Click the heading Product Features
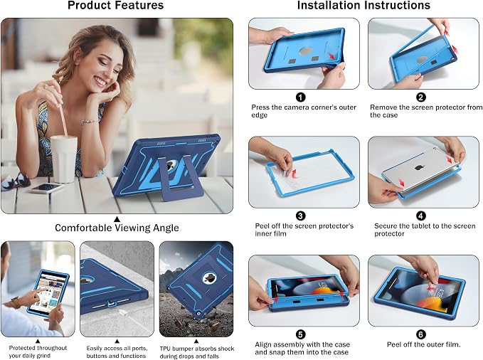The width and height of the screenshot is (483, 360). tap(115, 6)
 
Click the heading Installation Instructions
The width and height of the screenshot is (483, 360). tap(363, 6)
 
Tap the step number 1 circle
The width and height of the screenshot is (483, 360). tap(301, 97)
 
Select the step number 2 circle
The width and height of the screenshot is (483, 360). tap(421, 97)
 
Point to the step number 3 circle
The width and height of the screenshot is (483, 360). tap(301, 216)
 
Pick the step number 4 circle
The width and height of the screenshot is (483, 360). tap(421, 216)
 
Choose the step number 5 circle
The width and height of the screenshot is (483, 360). tap(301, 334)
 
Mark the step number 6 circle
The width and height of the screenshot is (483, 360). tap(421, 334)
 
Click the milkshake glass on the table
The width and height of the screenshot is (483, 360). tap(64, 159)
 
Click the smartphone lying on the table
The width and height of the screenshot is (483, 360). tap(46, 188)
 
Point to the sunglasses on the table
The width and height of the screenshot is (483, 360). tap(15, 181)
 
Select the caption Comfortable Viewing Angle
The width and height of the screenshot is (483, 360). tap(117, 228)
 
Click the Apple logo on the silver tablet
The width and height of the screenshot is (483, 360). tap(418, 167)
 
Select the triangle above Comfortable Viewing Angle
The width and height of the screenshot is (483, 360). tap(117, 219)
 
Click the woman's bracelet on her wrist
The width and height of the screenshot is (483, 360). tap(90, 122)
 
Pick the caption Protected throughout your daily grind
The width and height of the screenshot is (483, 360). tap(38, 351)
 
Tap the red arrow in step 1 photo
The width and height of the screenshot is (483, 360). tap(331, 56)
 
